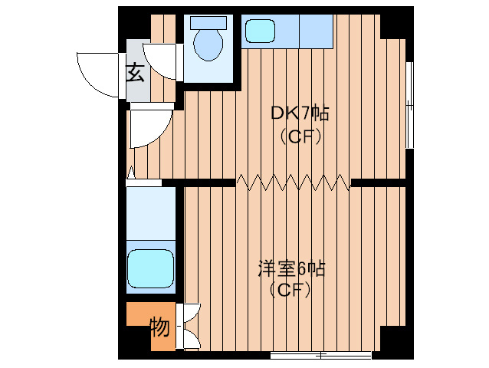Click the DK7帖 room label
300,114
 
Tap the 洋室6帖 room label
291,269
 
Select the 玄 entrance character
135,74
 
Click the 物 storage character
159,327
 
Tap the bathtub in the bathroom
150,268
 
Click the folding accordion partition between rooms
292,182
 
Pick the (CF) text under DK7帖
300,137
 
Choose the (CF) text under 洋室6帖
290,291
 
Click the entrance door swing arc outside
99,73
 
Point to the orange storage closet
150,327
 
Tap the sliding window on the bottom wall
321,355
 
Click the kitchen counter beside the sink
315,31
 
